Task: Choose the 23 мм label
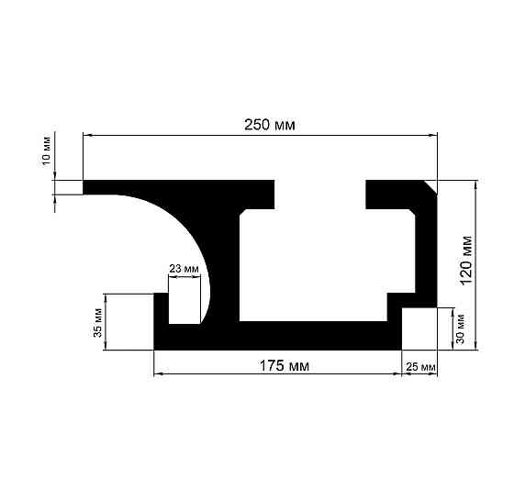184,269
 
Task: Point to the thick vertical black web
223,266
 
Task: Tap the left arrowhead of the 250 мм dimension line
87,136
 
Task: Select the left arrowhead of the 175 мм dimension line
157,374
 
